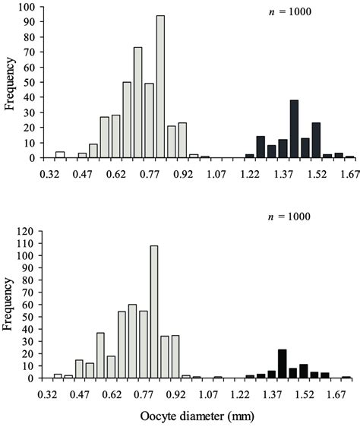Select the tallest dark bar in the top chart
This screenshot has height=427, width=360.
pos(294,129)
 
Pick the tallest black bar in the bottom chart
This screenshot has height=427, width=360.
pos(282,363)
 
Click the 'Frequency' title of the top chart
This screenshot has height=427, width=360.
pos(11,84)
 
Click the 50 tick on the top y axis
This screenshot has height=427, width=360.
pos(33,83)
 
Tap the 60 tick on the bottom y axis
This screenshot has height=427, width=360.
pos(33,304)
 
